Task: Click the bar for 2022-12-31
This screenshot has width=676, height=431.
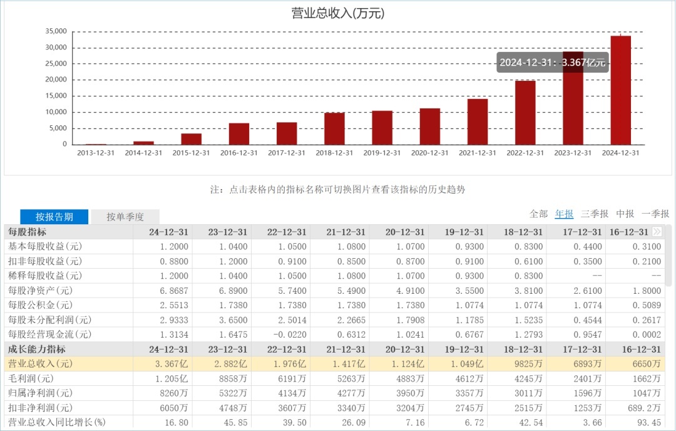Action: coord(525,113)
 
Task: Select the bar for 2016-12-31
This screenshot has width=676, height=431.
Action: coord(239,133)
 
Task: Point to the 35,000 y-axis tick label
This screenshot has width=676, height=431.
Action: coord(56,31)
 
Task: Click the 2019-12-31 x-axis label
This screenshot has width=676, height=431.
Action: coord(382,153)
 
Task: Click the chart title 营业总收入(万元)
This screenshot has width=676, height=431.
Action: coord(337,13)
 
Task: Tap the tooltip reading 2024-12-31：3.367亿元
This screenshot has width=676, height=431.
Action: coord(553,62)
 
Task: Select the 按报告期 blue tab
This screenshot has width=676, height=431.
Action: coord(54,217)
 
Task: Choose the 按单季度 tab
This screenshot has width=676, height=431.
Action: coord(125,217)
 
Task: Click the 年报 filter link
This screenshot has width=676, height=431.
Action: coord(564,214)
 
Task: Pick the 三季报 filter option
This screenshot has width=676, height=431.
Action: coord(594,214)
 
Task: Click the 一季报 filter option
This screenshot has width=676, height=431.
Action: coord(655,214)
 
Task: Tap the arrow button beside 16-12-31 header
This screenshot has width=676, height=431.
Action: coord(657,232)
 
